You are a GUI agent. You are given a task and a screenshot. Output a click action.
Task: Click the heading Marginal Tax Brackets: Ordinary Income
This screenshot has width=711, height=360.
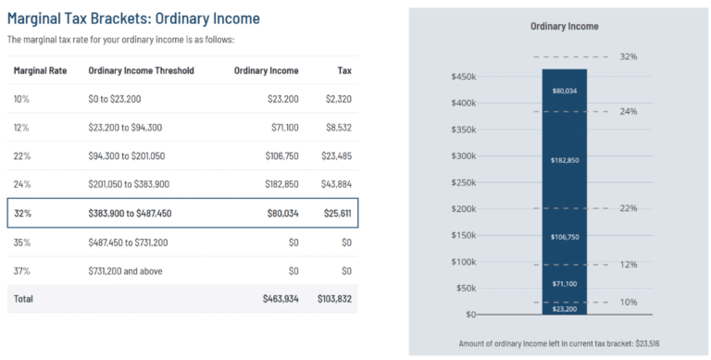click(134, 19)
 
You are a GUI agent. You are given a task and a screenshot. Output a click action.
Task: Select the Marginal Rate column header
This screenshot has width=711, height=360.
click(40, 70)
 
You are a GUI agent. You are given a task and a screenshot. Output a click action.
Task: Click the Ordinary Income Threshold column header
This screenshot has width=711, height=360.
click(141, 70)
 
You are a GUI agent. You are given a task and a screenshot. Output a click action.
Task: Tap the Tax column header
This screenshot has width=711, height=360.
click(343, 70)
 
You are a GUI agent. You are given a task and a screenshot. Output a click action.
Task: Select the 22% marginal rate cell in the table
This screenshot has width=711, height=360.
click(22, 156)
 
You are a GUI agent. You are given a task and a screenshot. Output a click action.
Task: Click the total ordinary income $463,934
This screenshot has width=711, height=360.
click(281, 300)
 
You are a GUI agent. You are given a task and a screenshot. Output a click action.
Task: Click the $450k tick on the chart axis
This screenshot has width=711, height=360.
click(463, 76)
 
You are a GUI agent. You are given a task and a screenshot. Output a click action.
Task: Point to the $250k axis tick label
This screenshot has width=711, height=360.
click(463, 182)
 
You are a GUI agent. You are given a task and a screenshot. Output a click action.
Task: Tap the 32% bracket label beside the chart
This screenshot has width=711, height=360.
click(629, 56)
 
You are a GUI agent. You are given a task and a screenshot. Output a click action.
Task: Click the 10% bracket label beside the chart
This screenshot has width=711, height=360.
click(629, 303)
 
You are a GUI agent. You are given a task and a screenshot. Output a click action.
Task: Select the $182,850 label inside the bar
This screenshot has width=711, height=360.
click(565, 160)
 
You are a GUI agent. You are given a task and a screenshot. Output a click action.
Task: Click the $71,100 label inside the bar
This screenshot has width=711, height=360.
click(565, 284)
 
